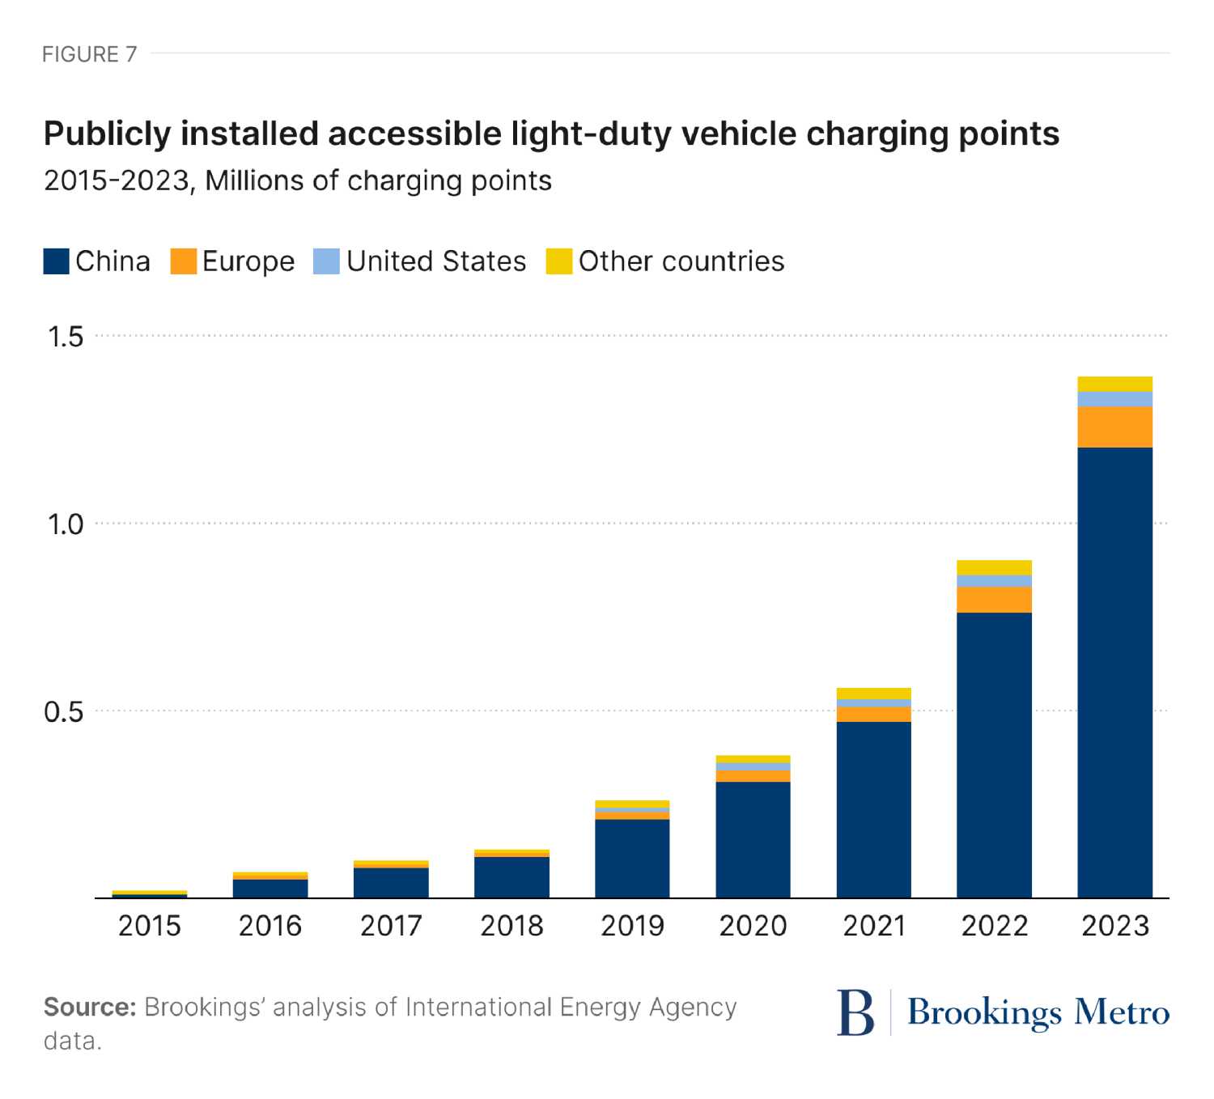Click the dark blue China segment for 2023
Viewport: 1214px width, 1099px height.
pos(1114,672)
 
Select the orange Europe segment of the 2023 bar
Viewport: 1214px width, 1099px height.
pos(1114,426)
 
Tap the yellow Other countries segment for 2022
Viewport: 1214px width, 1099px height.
pos(994,567)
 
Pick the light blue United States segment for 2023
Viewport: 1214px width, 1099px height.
pos(1114,399)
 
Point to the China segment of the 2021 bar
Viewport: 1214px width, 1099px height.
pos(873,809)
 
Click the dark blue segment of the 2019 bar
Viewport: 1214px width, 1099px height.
pos(632,859)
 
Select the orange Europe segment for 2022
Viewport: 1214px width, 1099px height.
pos(994,600)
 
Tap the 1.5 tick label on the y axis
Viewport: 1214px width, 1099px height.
pos(66,337)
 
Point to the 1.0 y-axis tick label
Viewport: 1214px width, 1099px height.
pos(66,524)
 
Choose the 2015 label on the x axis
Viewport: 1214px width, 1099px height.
pos(150,925)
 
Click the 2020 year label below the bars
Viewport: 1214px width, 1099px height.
pos(753,925)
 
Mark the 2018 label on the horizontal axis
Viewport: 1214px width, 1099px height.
pos(511,925)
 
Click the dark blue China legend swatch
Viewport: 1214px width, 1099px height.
pos(57,261)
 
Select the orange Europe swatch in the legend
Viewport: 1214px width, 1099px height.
pos(184,261)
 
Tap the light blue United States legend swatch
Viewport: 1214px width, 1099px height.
pos(326,261)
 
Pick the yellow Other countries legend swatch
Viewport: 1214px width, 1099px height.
pos(559,261)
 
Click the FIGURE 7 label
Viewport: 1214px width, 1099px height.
pos(90,54)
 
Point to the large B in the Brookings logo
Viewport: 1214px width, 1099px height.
pos(855,1012)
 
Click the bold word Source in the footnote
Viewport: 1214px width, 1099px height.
pos(89,1008)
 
